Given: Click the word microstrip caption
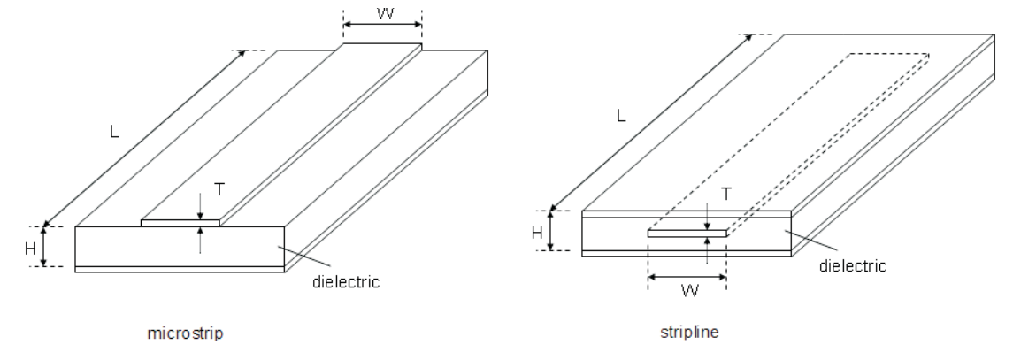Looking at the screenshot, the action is [186, 333].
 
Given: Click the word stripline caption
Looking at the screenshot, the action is [689, 333].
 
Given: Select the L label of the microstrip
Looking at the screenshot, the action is [114, 132].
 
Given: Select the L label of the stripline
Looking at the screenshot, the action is [621, 117].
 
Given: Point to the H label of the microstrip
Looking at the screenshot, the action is [30, 249].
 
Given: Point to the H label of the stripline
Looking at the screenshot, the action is [537, 233].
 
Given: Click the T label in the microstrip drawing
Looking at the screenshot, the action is [219, 189].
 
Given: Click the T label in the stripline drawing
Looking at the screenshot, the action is [726, 194].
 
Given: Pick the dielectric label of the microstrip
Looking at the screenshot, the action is [346, 282].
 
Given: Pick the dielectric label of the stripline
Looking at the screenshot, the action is [853, 265].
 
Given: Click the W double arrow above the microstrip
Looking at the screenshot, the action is [382, 25].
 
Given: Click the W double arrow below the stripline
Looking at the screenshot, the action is [687, 277].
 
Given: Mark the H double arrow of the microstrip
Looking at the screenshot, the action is [44, 246].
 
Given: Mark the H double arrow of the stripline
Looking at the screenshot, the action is [550, 231].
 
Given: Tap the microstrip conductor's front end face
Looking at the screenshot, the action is [180, 223].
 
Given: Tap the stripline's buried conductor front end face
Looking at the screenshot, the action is [687, 234].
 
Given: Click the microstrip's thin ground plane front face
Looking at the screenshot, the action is [180, 270].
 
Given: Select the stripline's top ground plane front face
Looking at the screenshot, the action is [687, 214].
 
